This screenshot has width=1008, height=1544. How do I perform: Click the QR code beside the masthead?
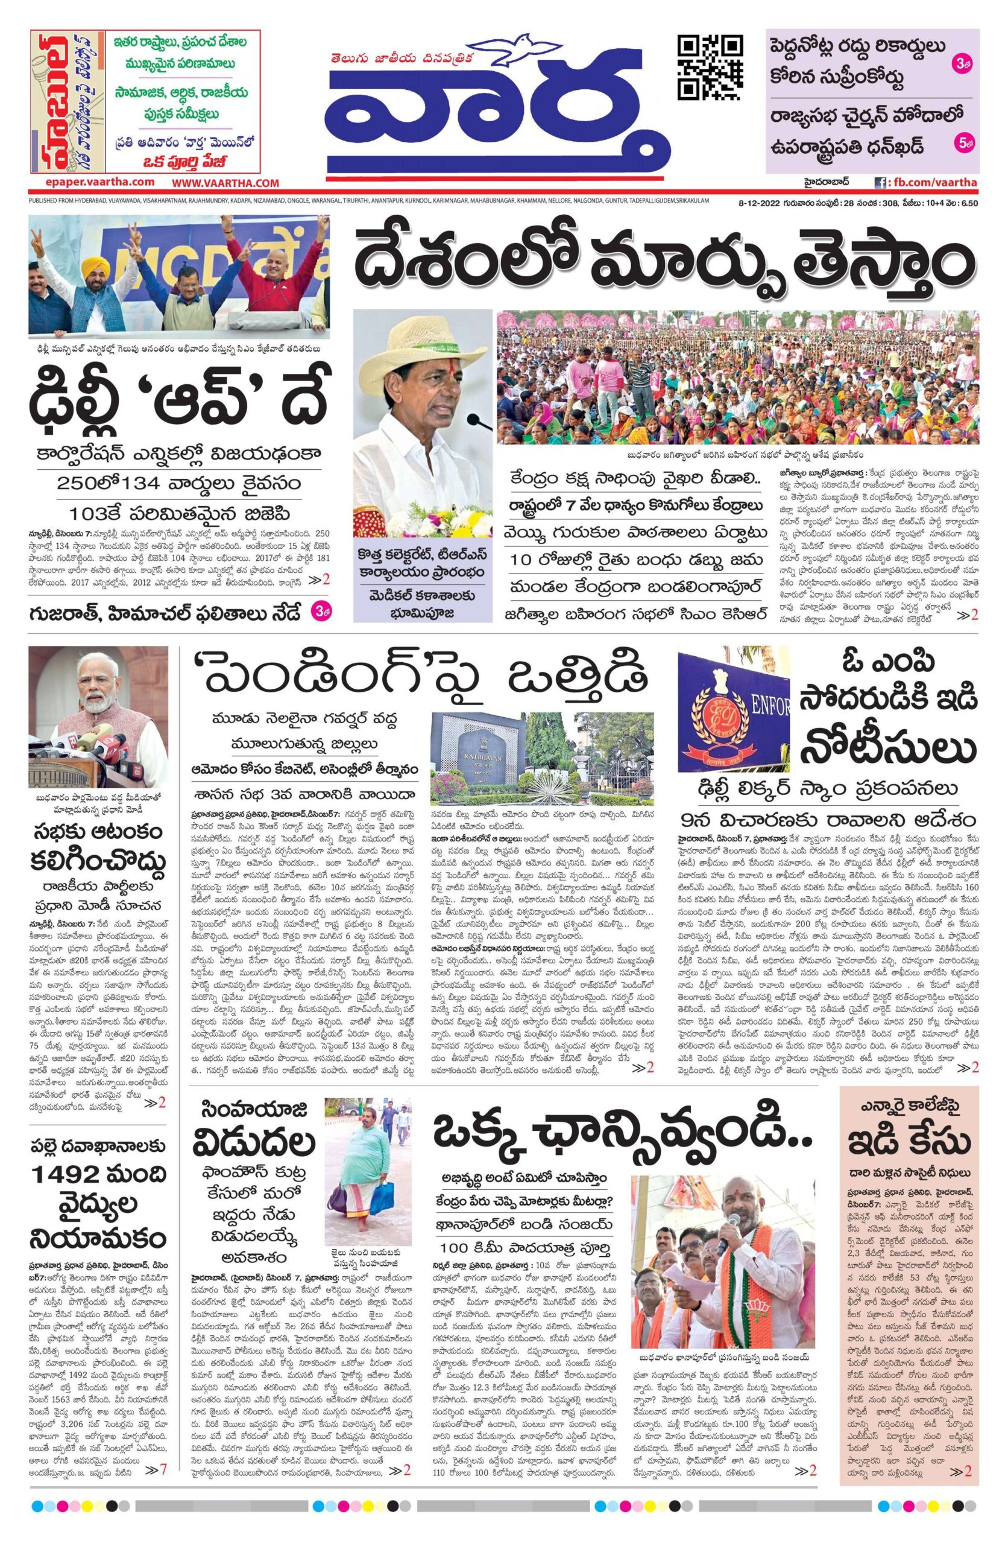tap(709, 66)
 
